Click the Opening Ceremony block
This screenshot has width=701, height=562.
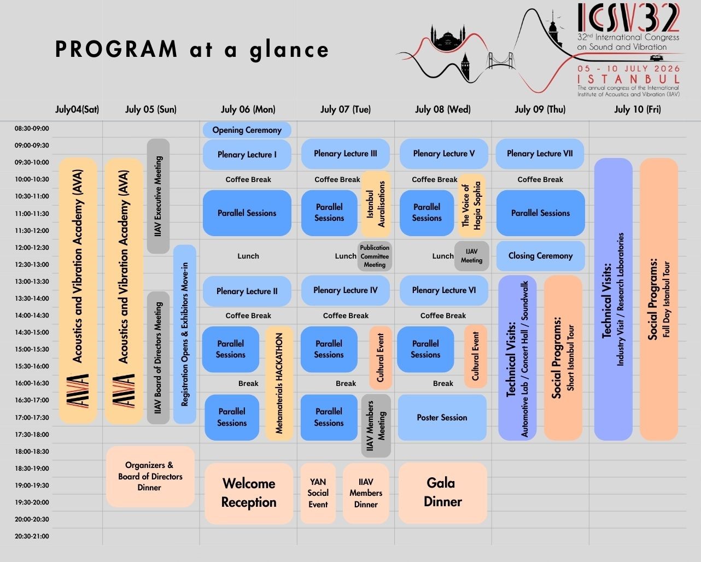coord(247,130)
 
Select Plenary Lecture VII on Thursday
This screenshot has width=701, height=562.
coord(540,154)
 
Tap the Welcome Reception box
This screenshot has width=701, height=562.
coord(249,493)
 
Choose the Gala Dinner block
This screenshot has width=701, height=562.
coord(442,493)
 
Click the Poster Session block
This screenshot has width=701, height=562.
coord(442,418)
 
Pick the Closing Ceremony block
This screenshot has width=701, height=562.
coord(540,256)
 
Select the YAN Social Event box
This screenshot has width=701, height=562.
coord(318,493)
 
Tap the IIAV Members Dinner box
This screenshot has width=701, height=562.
coord(366,493)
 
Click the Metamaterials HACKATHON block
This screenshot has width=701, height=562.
coord(279,383)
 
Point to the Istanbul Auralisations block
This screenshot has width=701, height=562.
coord(375,204)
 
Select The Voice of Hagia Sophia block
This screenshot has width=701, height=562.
coord(471,205)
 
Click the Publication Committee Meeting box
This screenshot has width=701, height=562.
coord(375,256)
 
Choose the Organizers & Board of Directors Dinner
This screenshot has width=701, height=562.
coord(150,476)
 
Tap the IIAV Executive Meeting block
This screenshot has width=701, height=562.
coord(158,196)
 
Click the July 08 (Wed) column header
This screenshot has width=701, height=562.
coord(442,109)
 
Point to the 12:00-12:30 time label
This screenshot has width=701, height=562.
coord(32,248)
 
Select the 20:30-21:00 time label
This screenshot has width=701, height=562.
coord(32,536)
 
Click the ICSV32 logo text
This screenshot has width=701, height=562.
coord(629,18)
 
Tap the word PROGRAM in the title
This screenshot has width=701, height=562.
coord(116,50)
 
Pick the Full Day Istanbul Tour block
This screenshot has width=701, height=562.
coord(659,299)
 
